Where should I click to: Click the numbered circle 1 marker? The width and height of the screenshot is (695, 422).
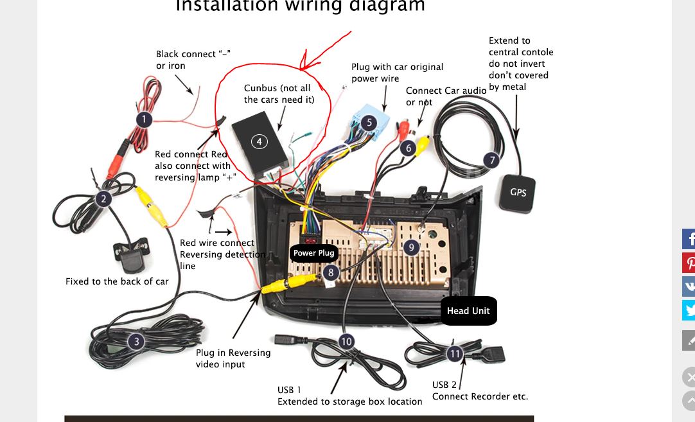(144, 119)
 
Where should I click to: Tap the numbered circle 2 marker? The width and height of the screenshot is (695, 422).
(103, 199)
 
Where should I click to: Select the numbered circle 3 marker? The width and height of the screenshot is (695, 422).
(136, 342)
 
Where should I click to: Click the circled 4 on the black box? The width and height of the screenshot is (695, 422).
(259, 141)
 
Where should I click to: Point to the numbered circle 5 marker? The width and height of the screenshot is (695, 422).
(369, 123)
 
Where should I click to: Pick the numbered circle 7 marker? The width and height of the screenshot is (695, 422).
(491, 160)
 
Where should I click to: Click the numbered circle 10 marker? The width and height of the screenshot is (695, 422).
(346, 341)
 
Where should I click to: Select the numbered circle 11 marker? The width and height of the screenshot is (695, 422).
(455, 353)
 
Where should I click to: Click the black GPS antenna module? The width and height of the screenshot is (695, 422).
(518, 192)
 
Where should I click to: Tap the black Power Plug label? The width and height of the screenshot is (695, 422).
(313, 253)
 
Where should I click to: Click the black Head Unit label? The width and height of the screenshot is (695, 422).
(468, 311)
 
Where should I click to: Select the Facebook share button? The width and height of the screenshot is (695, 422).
(689, 239)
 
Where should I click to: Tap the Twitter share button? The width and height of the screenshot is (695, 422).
(689, 310)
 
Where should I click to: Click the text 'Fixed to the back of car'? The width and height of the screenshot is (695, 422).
(117, 281)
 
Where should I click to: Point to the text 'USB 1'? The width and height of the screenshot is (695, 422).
(289, 390)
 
